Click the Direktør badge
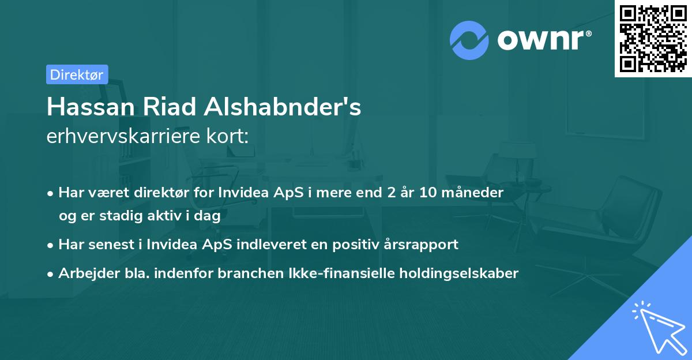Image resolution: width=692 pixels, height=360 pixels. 77,74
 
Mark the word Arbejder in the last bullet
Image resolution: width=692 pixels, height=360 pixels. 85,273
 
